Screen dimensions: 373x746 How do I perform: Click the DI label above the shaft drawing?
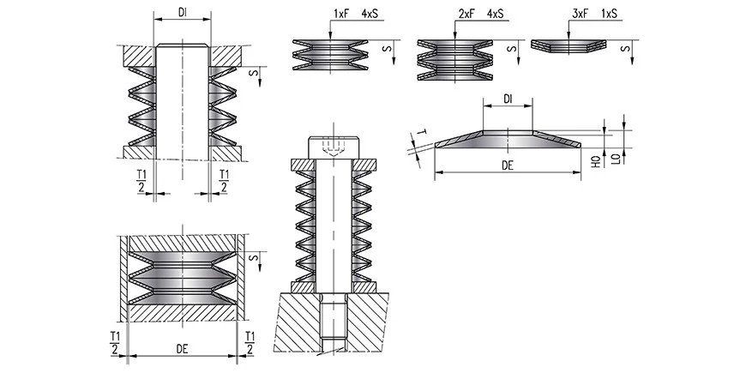click(x=182, y=13)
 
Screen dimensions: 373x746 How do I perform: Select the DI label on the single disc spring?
click(x=508, y=100)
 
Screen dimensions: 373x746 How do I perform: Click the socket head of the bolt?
click(x=334, y=146)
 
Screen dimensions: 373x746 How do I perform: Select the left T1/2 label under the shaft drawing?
click(x=141, y=181)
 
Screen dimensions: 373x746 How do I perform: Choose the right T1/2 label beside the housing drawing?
click(x=250, y=340)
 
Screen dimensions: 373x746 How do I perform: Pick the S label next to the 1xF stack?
click(x=388, y=51)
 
